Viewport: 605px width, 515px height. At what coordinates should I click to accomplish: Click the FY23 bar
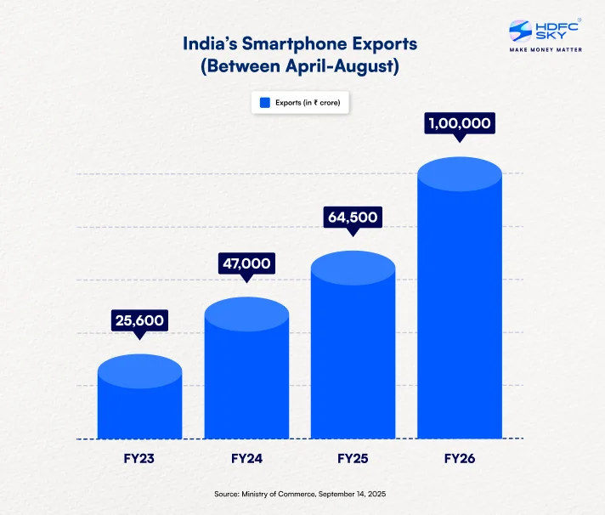point(140,404)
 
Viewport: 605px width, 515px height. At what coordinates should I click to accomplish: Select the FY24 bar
point(246,374)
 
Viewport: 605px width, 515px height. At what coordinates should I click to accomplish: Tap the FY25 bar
point(353,353)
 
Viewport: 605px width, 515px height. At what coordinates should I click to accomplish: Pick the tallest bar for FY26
point(459,306)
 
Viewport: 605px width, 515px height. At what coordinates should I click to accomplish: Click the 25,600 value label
point(140,320)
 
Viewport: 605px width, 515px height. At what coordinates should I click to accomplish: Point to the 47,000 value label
point(246,263)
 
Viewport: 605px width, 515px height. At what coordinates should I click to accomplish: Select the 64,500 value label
point(353,217)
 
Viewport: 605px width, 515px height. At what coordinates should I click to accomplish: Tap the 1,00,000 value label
point(459,123)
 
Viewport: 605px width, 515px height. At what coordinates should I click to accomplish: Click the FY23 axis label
point(140,459)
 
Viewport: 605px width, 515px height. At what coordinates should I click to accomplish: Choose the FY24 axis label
point(246,459)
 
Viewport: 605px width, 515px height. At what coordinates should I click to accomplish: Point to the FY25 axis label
point(353,459)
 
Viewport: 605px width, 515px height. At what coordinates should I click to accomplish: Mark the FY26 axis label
point(459,459)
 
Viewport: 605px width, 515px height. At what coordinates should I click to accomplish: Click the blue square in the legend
point(264,103)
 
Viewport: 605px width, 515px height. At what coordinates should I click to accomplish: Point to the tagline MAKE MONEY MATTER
point(545,50)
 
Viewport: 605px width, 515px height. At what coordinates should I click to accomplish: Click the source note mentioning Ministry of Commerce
point(302,494)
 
